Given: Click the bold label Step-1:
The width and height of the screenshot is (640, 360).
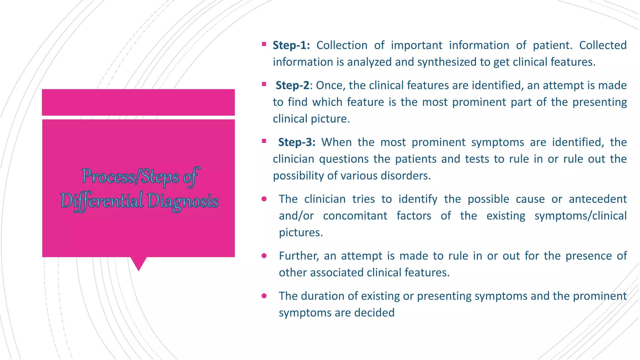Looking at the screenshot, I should pos(291,45).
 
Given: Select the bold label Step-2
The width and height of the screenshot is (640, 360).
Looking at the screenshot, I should pos(292,85).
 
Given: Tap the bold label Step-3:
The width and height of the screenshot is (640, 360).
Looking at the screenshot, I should pos(297,142).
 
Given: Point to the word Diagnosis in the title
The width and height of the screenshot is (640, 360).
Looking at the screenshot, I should pos(183,201).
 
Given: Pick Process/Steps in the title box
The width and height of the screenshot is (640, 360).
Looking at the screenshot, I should pos(130,177).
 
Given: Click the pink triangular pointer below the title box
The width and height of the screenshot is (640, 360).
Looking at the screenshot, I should pos(138,263).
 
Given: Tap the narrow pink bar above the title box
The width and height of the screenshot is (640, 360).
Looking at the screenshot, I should pos(138,102).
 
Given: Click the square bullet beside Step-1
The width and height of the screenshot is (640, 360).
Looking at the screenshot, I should pos(264,44).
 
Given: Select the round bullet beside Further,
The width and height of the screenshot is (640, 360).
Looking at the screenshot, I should pos(264,256).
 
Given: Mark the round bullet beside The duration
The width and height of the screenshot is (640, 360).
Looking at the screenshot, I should pos(264,296).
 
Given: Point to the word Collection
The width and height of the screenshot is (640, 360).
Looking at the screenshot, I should pos(342,45).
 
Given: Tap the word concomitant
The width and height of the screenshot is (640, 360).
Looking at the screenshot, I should pos(355,216).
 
